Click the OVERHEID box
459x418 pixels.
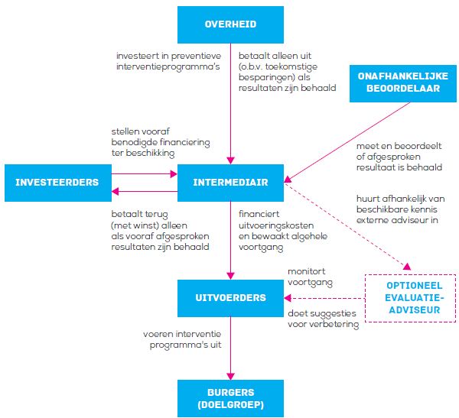click(x=230, y=24)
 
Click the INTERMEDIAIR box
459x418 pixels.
click(x=230, y=183)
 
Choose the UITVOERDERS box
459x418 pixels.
click(x=230, y=297)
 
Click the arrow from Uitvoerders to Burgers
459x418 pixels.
click(x=230, y=348)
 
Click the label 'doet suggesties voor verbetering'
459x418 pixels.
click(x=323, y=319)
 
